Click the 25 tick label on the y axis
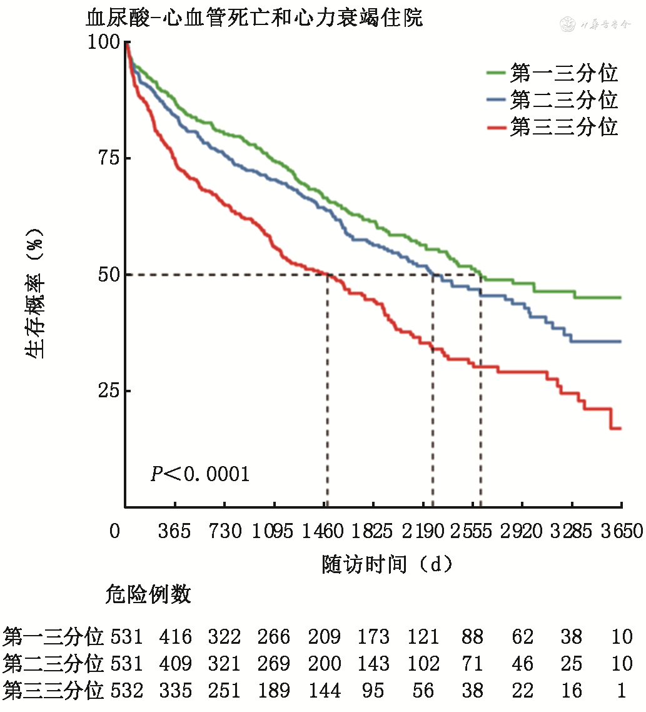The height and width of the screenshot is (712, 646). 108,391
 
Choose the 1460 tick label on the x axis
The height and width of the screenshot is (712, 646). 324,532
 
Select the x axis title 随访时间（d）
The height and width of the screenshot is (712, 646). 387,564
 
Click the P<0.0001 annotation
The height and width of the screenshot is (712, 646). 200,474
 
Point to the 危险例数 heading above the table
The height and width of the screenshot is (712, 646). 148,594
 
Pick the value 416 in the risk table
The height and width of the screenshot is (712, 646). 175,637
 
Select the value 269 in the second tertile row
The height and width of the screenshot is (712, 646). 274,663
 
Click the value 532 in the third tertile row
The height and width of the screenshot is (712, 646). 126,690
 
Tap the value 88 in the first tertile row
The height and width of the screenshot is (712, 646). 472,637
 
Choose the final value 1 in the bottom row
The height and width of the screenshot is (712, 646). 622,690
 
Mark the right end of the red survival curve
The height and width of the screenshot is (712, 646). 620,429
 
